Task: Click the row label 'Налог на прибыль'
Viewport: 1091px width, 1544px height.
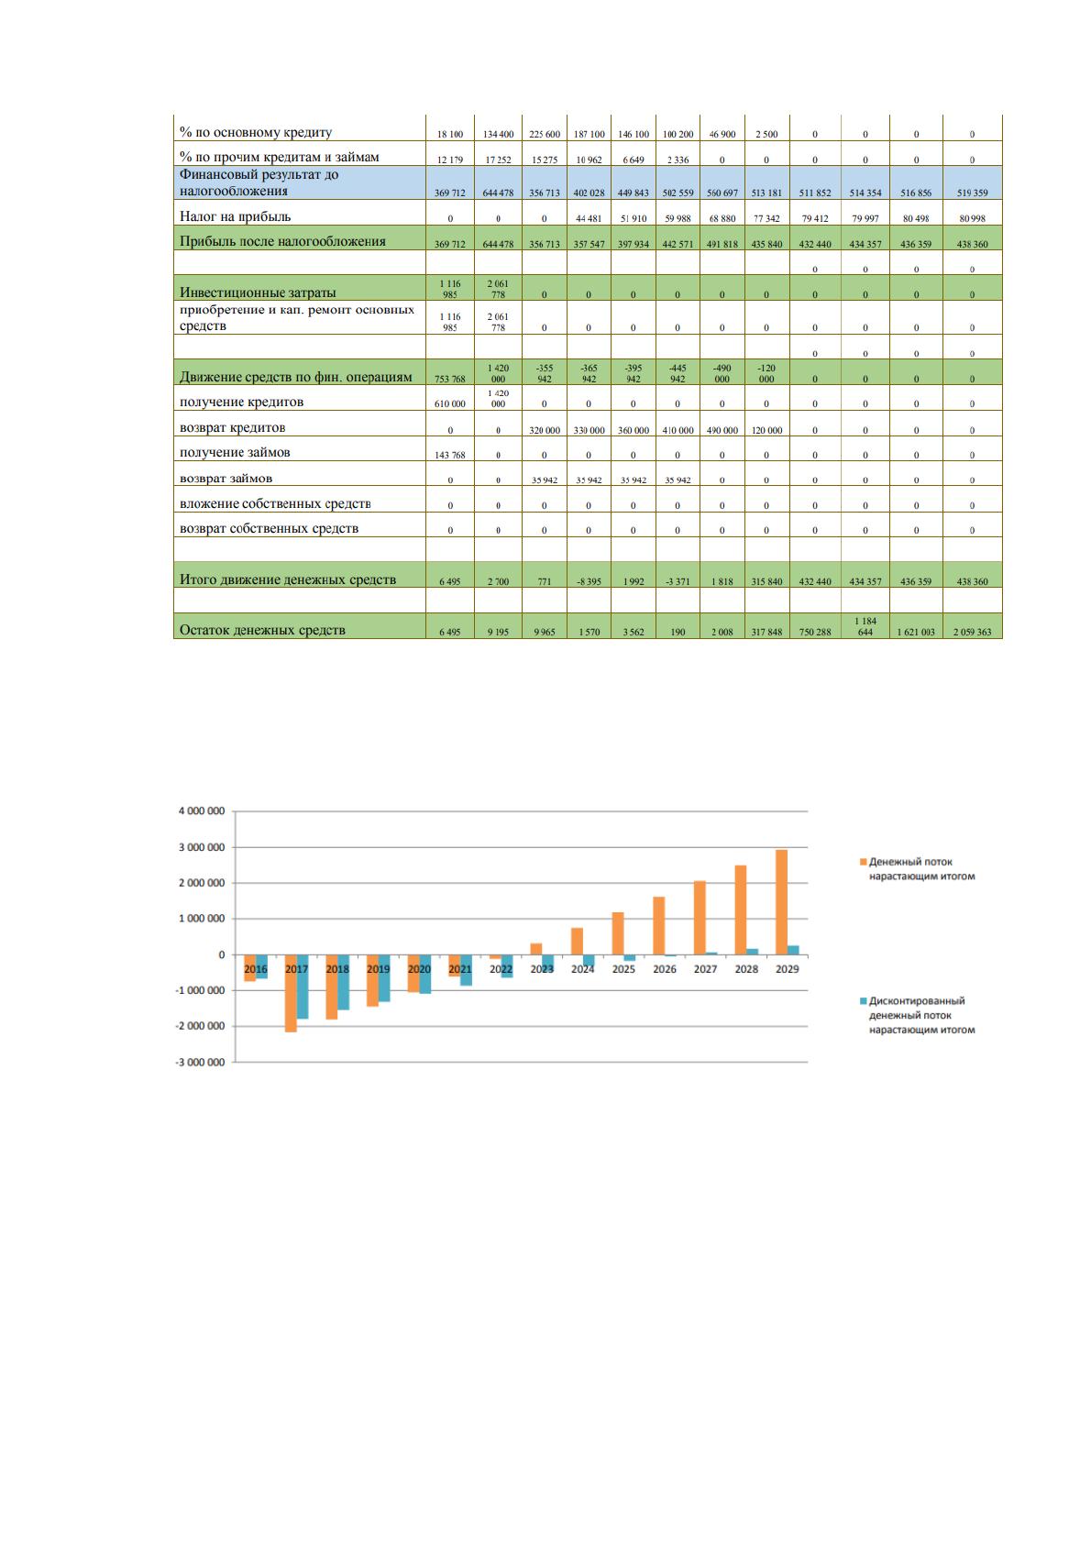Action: point(235,216)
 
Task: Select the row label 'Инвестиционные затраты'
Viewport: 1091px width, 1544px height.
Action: point(258,292)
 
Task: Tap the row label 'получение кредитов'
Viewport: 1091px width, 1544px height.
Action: point(241,402)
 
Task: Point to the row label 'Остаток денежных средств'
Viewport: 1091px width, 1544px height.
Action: point(262,630)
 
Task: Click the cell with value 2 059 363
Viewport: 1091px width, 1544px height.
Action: point(972,632)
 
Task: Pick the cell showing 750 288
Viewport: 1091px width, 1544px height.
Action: point(815,632)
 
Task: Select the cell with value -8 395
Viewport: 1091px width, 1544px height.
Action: point(589,582)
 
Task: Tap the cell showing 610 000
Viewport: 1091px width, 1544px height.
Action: point(450,404)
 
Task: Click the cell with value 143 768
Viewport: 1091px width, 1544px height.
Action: point(450,455)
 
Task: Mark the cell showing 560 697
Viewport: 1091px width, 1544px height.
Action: point(722,193)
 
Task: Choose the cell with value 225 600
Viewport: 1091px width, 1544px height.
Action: point(545,135)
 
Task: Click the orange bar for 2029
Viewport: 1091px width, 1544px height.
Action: point(781,902)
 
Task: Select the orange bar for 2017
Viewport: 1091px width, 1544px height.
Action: point(291,993)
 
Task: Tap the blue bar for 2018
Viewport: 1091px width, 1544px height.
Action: point(343,982)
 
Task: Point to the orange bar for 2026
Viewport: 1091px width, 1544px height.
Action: point(659,926)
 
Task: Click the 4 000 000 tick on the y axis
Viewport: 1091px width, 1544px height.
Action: point(202,811)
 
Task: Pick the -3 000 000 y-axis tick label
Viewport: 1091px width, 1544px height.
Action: point(200,1063)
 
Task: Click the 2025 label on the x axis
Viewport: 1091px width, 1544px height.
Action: point(623,969)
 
